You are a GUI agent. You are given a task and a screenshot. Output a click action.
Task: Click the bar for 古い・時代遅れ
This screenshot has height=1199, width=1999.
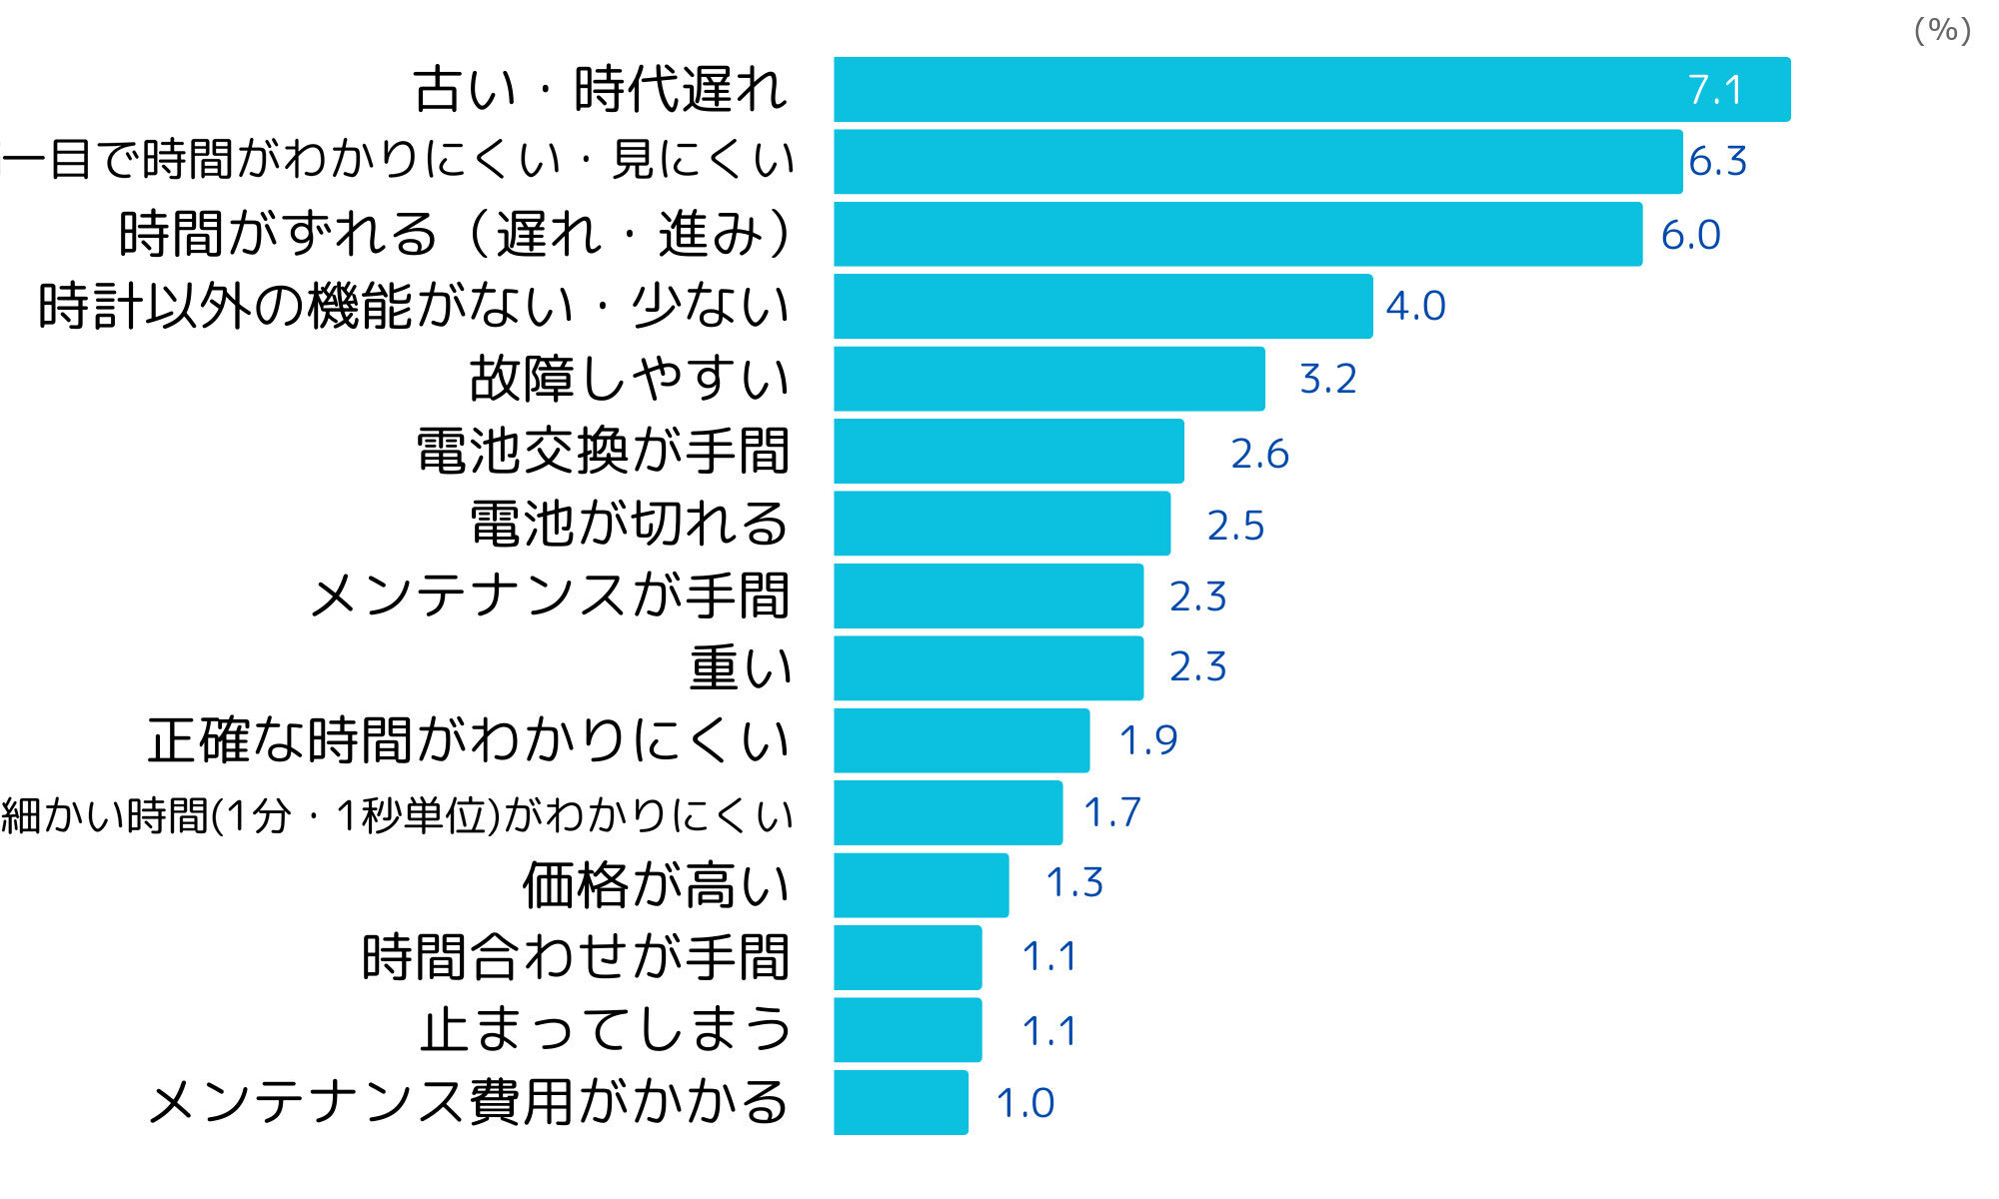point(1311,90)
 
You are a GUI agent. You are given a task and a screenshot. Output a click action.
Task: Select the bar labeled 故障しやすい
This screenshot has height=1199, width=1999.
point(1048,379)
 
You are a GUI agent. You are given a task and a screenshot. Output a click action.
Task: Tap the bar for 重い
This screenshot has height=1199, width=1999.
point(988,667)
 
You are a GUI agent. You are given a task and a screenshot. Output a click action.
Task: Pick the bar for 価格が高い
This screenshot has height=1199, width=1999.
point(921,885)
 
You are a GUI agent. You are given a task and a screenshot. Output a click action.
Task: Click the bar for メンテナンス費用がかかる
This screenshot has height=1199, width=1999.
point(900,1102)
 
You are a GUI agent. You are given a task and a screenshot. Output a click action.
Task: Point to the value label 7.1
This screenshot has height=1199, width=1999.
point(1715,91)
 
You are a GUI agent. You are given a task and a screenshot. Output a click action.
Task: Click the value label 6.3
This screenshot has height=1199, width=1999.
point(1717,162)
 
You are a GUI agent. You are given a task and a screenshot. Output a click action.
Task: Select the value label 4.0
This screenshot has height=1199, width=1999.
point(1415,307)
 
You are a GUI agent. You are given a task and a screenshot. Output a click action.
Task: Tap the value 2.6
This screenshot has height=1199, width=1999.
point(1259,454)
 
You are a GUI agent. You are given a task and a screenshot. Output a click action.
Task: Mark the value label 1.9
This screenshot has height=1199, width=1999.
point(1147,740)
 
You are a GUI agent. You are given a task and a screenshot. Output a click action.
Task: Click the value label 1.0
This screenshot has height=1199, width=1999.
point(1025,1103)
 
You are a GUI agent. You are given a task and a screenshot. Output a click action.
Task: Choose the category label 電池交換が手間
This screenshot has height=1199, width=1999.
point(603,452)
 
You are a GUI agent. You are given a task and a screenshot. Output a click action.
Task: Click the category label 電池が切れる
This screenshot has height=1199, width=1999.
point(630,524)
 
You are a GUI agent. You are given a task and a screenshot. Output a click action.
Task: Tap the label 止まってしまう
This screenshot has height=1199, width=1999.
point(606,1030)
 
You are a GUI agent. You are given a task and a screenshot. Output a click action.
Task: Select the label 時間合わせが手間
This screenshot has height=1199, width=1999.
point(576,957)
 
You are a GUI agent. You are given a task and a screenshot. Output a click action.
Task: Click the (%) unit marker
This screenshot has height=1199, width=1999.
point(1941,30)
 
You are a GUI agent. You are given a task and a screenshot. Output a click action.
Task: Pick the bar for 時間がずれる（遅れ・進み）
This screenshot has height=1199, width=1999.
point(1237,234)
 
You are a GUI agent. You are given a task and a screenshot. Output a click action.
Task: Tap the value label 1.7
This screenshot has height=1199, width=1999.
point(1111,812)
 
